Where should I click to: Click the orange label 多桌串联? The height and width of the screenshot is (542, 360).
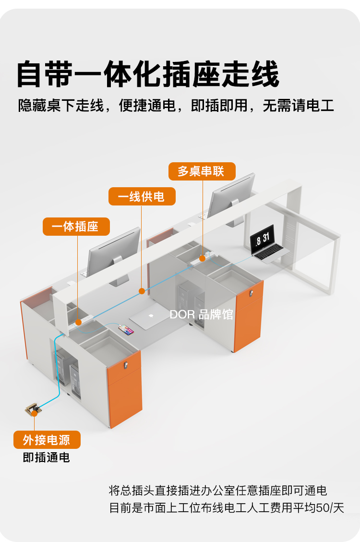point(202,171)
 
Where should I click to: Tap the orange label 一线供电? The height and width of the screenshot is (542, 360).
point(142,196)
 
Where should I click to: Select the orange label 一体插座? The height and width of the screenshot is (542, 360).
point(76,227)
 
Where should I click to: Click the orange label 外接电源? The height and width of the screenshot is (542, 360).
point(47,440)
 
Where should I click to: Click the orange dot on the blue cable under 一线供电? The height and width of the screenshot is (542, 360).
point(142,291)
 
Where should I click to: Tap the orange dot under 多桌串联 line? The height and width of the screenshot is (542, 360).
point(203,258)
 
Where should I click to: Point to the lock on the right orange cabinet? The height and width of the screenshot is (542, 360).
point(252,291)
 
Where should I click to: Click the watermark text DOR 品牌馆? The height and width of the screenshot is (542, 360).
point(201,314)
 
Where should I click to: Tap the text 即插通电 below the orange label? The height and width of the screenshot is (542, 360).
point(47,458)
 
